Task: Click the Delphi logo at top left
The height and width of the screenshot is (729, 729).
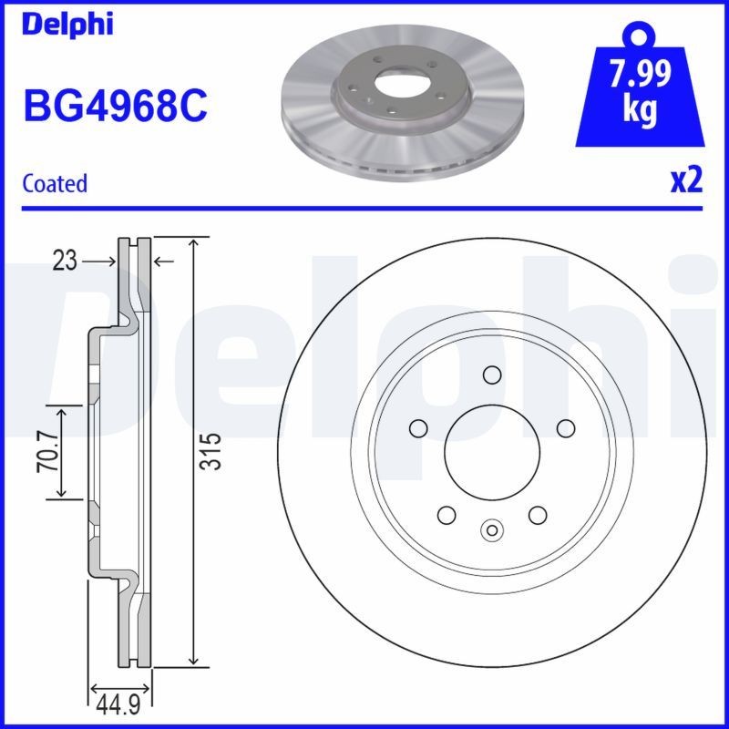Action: click(x=67, y=25)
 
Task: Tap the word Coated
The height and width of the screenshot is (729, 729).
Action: click(x=55, y=183)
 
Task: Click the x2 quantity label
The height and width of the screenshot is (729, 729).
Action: click(x=686, y=180)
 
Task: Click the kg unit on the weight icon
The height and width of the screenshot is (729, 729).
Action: click(x=641, y=109)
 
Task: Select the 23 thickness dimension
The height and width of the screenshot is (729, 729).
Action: click(x=64, y=262)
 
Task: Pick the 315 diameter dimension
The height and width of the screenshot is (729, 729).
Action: click(x=210, y=451)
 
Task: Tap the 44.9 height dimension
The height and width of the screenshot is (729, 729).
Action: click(x=118, y=704)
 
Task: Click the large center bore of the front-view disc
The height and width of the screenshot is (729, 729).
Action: click(x=491, y=452)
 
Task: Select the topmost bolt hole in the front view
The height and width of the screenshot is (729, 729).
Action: click(x=492, y=375)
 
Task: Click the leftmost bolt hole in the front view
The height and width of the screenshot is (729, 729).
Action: click(x=418, y=428)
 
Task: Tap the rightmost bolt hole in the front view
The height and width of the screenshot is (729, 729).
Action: click(x=565, y=428)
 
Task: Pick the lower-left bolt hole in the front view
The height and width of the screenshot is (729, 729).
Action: click(x=447, y=515)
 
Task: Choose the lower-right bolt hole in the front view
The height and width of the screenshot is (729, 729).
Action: click(x=537, y=515)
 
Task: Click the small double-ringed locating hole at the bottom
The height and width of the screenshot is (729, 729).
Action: click(x=492, y=529)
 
